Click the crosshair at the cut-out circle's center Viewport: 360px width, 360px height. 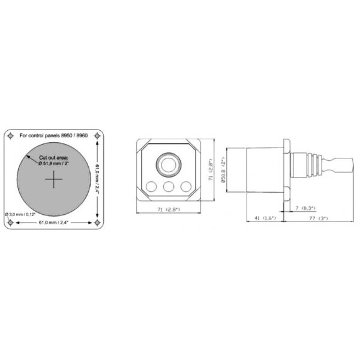pyautogui.click(x=55, y=181)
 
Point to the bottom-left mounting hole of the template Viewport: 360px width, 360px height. pyautogui.click(x=11, y=223)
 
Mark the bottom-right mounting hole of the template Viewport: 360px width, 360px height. pyautogui.click(x=100, y=223)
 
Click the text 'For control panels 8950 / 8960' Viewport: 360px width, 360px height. pyautogui.click(x=54, y=136)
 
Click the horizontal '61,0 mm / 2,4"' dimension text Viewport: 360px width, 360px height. pyautogui.click(x=55, y=223)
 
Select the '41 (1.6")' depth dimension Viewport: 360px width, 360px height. pyautogui.click(x=265, y=218)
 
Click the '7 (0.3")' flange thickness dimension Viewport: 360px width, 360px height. pyautogui.click(x=305, y=208)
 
